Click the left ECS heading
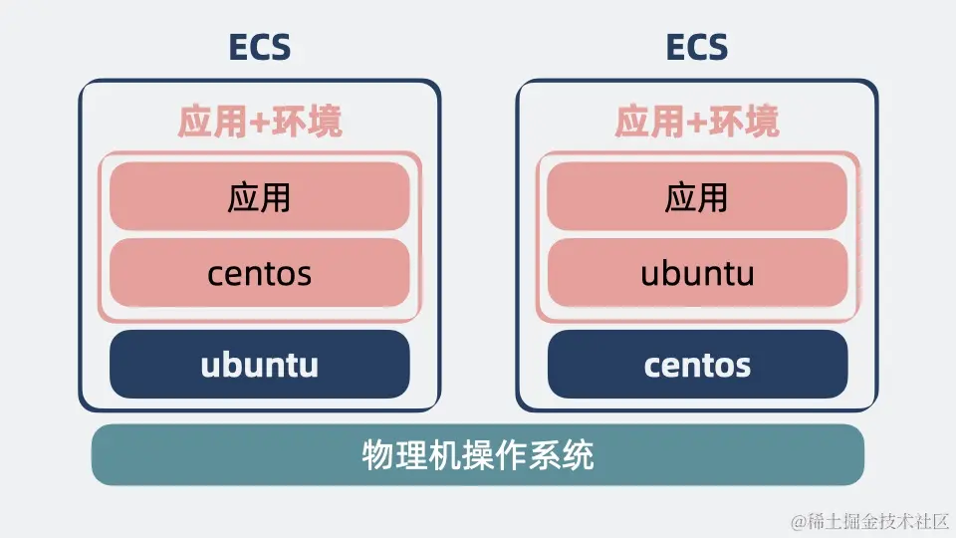tap(260, 47)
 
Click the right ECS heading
tap(697, 47)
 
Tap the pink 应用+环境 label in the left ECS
tap(260, 121)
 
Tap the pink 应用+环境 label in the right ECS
tap(697, 121)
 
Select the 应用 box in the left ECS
tap(260, 196)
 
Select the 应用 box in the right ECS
tap(697, 196)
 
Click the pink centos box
tap(260, 273)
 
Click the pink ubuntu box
tap(697, 273)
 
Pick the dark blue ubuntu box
tap(260, 365)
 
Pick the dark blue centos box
tap(697, 365)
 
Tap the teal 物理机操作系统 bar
tap(477, 455)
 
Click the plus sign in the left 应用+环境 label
tap(259, 122)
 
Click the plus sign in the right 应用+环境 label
tap(696, 122)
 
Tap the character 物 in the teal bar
tap(378, 455)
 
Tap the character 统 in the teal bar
tap(578, 455)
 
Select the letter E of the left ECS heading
tap(238, 47)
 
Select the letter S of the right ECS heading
tap(718, 47)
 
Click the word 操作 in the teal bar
tap(479, 455)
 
